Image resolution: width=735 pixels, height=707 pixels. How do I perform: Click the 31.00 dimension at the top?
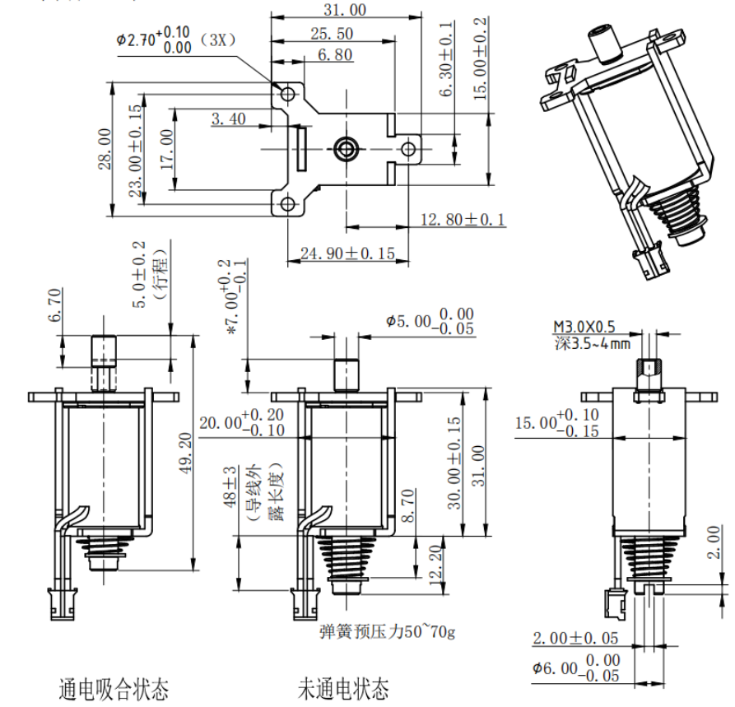tap(345, 10)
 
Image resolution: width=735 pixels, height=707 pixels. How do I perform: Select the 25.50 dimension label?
tap(333, 33)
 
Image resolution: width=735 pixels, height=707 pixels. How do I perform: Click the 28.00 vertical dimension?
tap(105, 149)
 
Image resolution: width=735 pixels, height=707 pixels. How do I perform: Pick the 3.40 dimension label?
tap(228, 119)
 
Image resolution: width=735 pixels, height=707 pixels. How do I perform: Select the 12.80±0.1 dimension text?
tap(463, 220)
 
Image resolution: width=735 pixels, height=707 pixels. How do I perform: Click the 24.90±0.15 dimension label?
tap(347, 253)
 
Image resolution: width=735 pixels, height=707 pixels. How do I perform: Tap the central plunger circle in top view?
tap(345, 148)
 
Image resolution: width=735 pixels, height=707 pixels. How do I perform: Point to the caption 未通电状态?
tap(343, 687)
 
